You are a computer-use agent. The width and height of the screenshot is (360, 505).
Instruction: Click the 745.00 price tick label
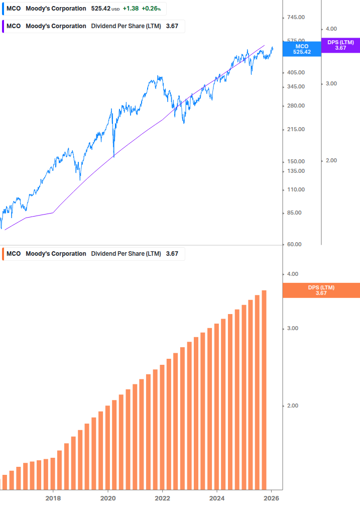pos(295,18)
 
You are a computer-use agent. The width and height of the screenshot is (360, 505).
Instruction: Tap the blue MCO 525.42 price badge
pos(302,49)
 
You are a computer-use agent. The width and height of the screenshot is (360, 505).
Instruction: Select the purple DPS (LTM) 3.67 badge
pos(340,45)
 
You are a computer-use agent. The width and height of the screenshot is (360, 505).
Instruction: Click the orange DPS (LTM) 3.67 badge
pos(321,290)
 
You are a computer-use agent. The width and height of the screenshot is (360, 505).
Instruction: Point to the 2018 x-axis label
pos(53,498)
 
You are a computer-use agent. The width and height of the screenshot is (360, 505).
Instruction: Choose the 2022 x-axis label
pos(162,498)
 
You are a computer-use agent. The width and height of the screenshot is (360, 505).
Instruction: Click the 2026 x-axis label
pos(271,498)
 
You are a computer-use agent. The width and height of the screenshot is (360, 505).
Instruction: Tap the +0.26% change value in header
pos(151,9)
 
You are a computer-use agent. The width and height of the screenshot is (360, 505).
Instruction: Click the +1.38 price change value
pos(131,9)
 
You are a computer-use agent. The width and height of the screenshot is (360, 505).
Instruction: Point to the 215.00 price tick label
pos(295,130)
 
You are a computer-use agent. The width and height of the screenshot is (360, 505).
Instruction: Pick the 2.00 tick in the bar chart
pos(292,406)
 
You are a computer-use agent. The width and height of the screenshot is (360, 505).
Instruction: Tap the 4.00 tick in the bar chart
pos(292,274)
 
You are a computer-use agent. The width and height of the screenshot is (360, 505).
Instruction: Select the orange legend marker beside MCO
pos(3,254)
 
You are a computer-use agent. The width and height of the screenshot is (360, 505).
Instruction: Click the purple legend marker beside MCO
pos(3,26)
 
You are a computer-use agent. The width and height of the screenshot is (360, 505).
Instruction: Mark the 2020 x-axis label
pos(108,498)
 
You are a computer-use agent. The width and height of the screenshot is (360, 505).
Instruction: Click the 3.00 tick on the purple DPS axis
pos(331,84)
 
